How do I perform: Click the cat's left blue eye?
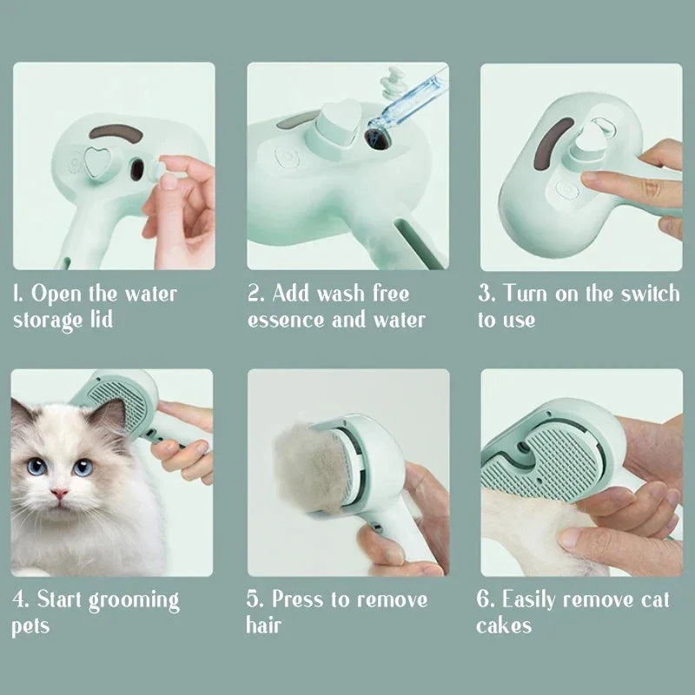coord(36,467)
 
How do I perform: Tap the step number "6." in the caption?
coord(486,599)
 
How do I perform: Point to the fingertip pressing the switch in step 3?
coord(588,180)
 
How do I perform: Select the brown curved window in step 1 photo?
coord(112,131)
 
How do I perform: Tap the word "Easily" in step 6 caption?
coord(533,599)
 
